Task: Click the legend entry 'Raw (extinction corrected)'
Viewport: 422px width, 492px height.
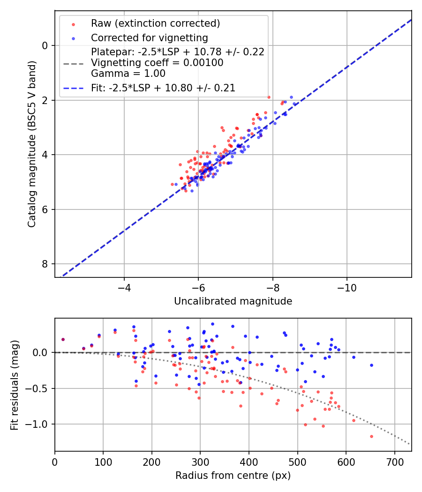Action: coord(155,23)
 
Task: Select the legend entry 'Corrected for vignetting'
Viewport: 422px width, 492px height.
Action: coord(149,37)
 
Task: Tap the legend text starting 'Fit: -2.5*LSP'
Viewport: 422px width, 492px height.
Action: coord(163,88)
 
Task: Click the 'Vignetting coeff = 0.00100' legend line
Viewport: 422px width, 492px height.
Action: coord(157,62)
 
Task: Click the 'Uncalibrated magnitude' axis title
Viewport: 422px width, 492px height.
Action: coord(233,301)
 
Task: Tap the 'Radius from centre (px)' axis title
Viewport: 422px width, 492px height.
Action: coord(233,476)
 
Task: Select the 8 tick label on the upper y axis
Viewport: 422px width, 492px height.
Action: coord(45,264)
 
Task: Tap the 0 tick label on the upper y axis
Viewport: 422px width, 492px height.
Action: coord(45,45)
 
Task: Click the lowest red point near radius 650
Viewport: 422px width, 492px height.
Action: coord(371,436)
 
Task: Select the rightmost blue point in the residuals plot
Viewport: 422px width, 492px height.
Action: coord(371,365)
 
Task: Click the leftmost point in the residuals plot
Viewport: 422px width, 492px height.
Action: coord(63,339)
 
